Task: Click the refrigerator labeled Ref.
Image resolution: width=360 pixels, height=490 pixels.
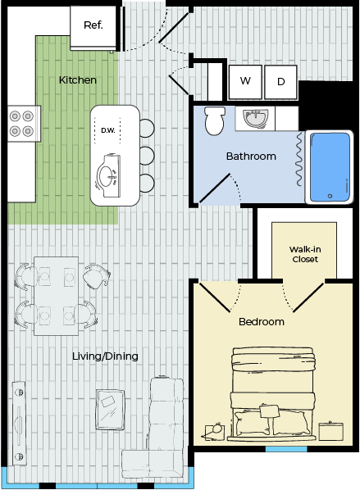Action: coord(93,28)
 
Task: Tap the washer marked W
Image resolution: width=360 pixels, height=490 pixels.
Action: coord(245,82)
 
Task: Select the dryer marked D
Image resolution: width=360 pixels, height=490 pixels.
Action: coord(280,82)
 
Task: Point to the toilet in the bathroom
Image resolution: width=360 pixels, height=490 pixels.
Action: coord(215,120)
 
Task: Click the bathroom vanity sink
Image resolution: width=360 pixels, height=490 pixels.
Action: coord(256,119)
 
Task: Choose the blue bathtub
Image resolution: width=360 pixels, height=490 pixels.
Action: coord(330,167)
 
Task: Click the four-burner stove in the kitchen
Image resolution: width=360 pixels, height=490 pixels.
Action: coord(21,124)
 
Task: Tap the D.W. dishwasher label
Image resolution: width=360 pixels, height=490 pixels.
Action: coord(108,130)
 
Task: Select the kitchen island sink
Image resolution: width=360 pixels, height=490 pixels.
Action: coord(108,175)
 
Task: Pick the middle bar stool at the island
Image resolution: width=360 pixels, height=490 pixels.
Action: coord(147,156)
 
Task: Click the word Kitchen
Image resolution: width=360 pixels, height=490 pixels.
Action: coord(78,80)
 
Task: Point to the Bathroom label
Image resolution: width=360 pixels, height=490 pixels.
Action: coord(251,157)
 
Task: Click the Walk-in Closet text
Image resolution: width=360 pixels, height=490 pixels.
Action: coord(305,254)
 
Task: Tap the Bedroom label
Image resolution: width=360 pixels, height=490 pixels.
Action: coord(262,321)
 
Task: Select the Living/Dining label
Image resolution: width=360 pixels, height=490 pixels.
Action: coord(105,356)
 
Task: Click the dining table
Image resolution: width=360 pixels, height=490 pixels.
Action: coord(56,296)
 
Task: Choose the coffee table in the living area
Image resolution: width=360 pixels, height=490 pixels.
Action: coord(111,410)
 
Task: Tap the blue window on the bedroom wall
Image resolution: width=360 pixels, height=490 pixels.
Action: coord(286,449)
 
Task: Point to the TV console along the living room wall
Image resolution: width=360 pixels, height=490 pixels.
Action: coord(19,423)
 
